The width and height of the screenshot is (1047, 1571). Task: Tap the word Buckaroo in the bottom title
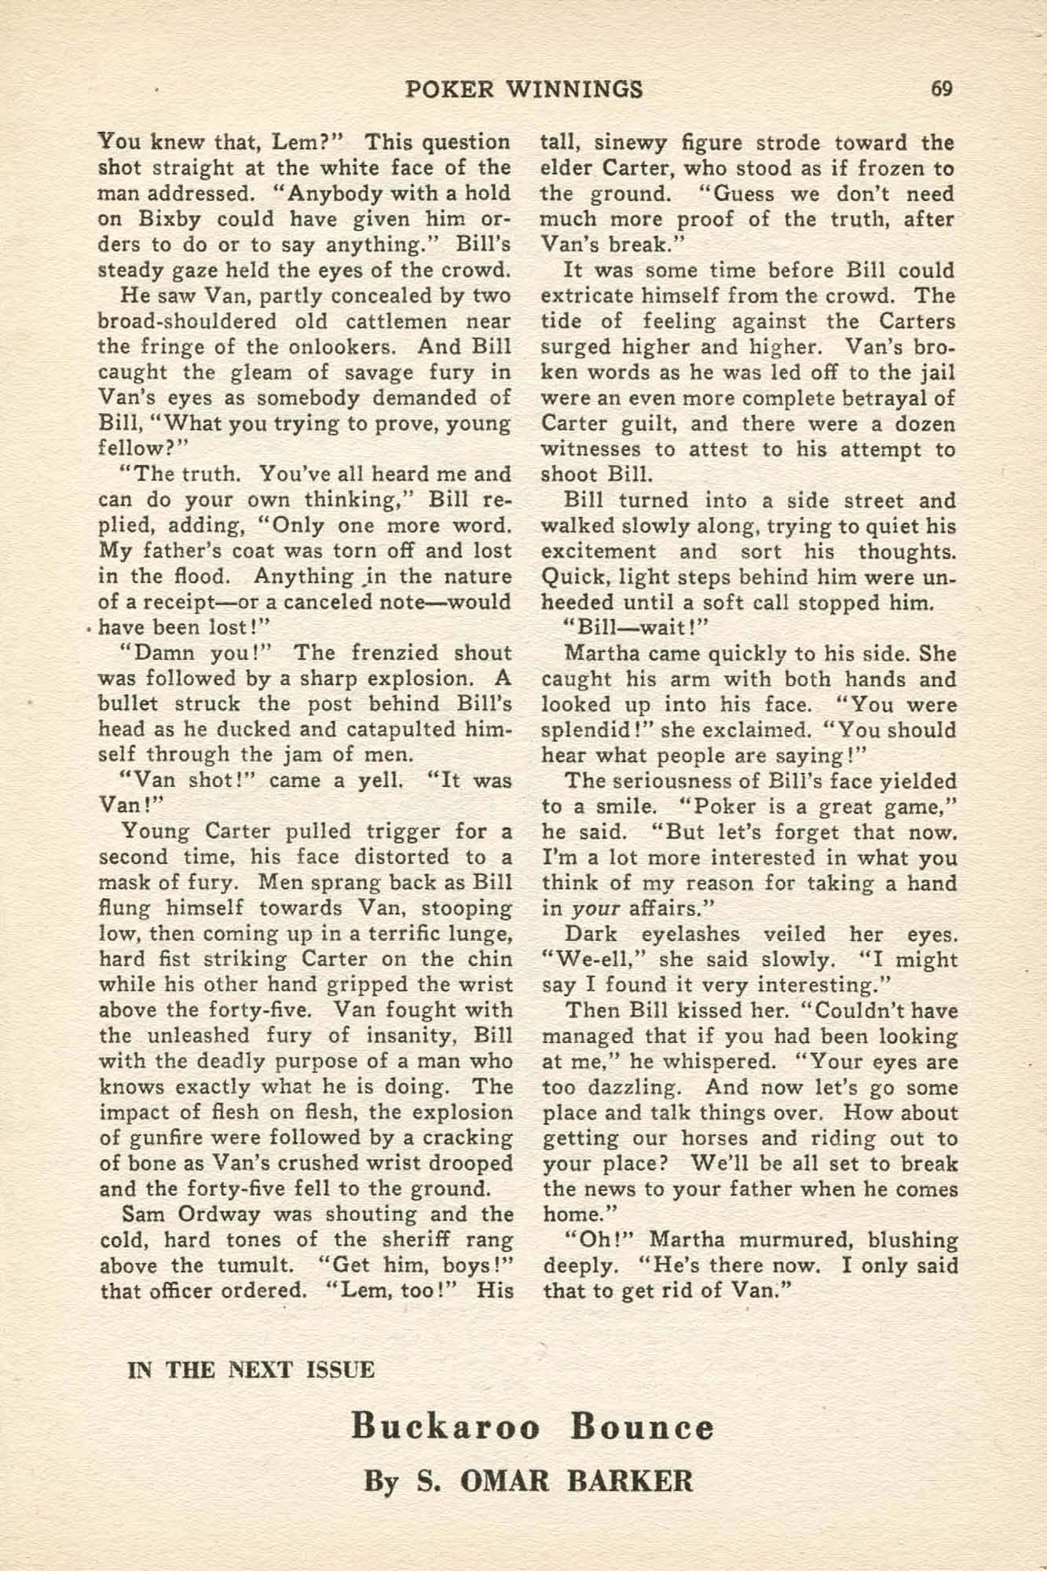tap(445, 1426)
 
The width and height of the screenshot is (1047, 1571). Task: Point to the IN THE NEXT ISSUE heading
tap(251, 1370)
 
